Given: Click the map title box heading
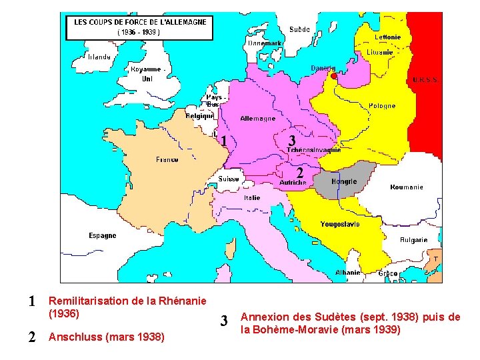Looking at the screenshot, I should click(140, 22).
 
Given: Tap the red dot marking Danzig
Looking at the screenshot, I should click(334, 76).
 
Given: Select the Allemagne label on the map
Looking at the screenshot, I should click(257, 119).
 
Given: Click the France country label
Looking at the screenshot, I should click(167, 160).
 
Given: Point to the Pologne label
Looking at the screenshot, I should click(382, 105).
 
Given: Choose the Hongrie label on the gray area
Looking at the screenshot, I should click(345, 181).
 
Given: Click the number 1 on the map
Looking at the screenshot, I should click(225, 141).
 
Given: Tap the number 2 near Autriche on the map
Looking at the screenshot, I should click(300, 171).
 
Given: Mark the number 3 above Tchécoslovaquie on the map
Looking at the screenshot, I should click(291, 141).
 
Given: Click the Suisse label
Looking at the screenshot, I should click(228, 179).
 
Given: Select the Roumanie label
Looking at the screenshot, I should click(407, 187).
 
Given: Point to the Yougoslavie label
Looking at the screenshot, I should click(339, 224).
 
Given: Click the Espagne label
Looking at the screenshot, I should click(102, 235).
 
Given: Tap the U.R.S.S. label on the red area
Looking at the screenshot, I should click(425, 79).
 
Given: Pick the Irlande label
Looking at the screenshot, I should click(99, 57).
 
